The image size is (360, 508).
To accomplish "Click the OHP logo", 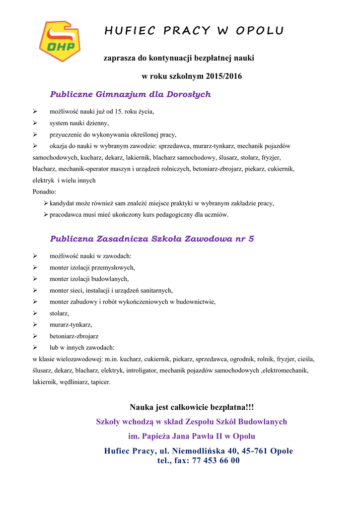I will click(60, 41).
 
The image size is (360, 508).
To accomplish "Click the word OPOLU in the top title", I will click(260, 31).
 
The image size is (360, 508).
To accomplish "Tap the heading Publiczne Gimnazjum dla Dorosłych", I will click(131, 94).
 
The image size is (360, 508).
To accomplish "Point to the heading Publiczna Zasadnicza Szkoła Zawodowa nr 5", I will click(152, 239).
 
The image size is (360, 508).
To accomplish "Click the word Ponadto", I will click(44, 191).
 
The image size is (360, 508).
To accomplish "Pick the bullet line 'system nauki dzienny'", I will click(79, 123).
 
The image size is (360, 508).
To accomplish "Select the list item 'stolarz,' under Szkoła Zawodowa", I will click(59, 314).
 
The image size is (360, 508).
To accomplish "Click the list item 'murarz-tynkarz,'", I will click(71, 325).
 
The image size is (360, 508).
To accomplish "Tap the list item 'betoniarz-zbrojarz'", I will click(74, 336).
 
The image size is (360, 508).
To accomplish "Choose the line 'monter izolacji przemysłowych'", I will click(92, 267).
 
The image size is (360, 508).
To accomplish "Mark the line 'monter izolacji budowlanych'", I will click(89, 279).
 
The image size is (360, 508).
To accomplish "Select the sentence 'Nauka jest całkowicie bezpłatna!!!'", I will click(192, 407).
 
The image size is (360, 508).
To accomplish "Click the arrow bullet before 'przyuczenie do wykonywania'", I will click(35, 134).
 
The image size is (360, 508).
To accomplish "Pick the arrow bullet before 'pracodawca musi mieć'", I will click(46, 215).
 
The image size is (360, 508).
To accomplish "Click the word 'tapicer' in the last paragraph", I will click(101, 382).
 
